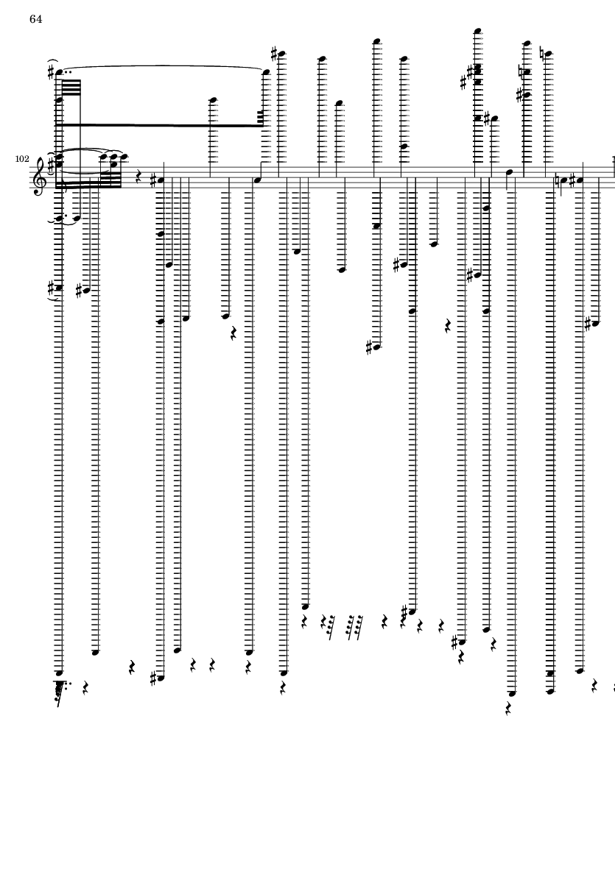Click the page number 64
point(35,19)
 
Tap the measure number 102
point(22,159)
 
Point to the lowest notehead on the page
point(512,693)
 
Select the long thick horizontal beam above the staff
point(159,124)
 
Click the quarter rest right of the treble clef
point(138,177)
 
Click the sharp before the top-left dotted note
point(51,72)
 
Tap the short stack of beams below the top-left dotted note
point(74,89)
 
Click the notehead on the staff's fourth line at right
point(508,171)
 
